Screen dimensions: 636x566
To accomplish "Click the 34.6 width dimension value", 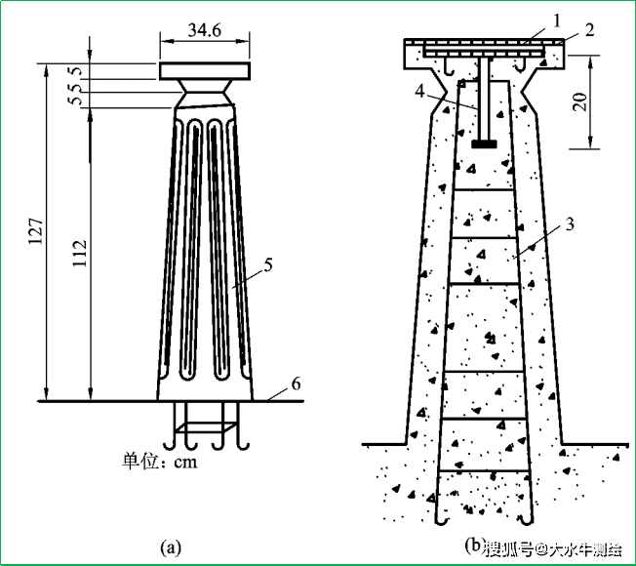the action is [205, 30].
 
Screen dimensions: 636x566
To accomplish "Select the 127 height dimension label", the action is [36, 231].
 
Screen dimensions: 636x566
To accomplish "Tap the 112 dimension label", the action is [80, 253].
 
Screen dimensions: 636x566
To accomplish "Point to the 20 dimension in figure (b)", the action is [581, 101].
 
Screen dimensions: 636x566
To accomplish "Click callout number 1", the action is [556, 20].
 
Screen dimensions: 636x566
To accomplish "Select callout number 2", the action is [589, 30].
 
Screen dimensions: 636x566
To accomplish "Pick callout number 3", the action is [570, 224].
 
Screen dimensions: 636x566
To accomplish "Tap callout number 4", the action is [419, 92].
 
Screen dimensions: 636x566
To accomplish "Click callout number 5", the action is [268, 264].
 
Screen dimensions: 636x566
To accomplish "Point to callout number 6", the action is [297, 384].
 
